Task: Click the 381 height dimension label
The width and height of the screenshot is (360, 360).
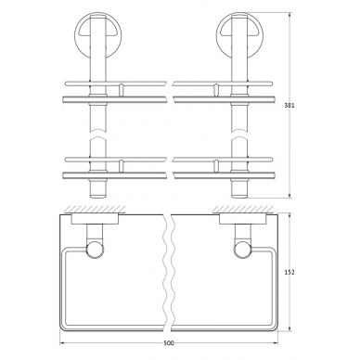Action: (x=289, y=105)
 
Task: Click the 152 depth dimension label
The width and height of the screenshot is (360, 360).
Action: (x=289, y=272)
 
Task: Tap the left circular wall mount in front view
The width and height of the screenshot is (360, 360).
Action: (x=97, y=30)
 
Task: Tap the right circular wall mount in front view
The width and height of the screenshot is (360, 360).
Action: (x=239, y=30)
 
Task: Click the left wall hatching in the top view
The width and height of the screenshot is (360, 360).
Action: (x=95, y=209)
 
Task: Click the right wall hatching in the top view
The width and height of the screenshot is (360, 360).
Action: (x=242, y=209)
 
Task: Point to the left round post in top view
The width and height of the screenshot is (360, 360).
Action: (x=95, y=250)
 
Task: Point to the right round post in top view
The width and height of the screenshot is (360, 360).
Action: (x=242, y=250)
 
